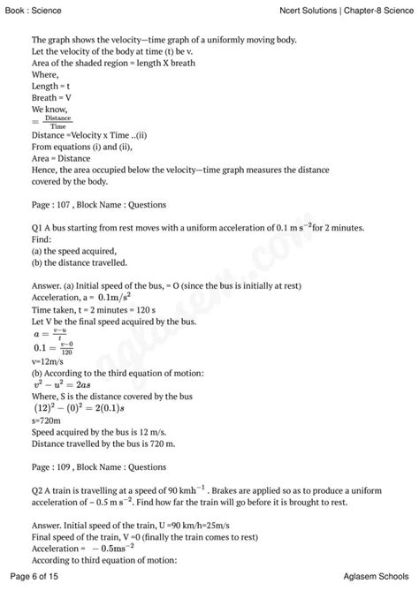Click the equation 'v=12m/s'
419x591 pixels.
coord(48,361)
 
